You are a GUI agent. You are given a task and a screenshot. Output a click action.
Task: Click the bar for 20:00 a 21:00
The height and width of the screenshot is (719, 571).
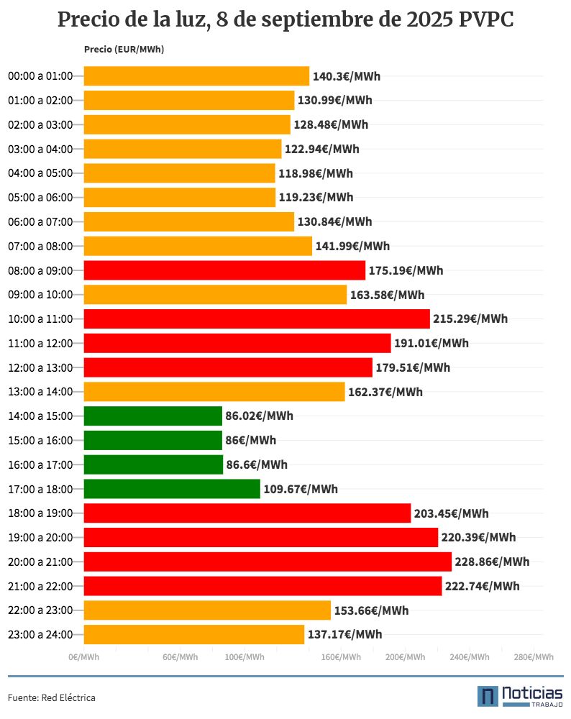268,562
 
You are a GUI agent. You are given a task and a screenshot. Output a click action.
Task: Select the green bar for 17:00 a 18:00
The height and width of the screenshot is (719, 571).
172,489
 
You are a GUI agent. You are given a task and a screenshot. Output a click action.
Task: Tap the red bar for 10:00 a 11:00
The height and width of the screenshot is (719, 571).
257,319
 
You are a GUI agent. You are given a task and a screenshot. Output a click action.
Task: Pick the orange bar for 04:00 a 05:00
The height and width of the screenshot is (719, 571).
180,173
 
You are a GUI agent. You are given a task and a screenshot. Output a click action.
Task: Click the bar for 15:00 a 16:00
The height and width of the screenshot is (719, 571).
153,440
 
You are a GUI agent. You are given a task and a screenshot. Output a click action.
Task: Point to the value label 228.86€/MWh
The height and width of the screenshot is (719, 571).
492,562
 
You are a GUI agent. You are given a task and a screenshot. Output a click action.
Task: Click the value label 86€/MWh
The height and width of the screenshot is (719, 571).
250,440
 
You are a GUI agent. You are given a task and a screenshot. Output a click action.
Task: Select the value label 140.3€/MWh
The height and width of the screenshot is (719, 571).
346,76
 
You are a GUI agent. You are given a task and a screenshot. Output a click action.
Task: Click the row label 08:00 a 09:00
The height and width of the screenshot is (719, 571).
40,270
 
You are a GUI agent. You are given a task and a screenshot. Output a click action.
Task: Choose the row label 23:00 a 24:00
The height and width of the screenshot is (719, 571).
40,634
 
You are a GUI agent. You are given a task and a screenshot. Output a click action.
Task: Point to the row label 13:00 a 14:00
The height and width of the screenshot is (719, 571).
40,392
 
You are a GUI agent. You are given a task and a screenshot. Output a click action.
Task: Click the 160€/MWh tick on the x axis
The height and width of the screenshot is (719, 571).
342,657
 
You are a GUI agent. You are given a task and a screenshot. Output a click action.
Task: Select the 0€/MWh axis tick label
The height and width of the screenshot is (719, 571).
83,657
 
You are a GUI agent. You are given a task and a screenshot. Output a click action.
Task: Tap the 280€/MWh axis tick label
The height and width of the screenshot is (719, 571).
534,657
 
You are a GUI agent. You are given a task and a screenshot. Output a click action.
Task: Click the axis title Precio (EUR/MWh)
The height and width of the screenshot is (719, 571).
124,50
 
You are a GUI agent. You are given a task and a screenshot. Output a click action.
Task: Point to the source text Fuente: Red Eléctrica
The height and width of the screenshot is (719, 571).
52,697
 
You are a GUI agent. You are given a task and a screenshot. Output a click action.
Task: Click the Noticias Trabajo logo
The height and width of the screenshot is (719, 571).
520,696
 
